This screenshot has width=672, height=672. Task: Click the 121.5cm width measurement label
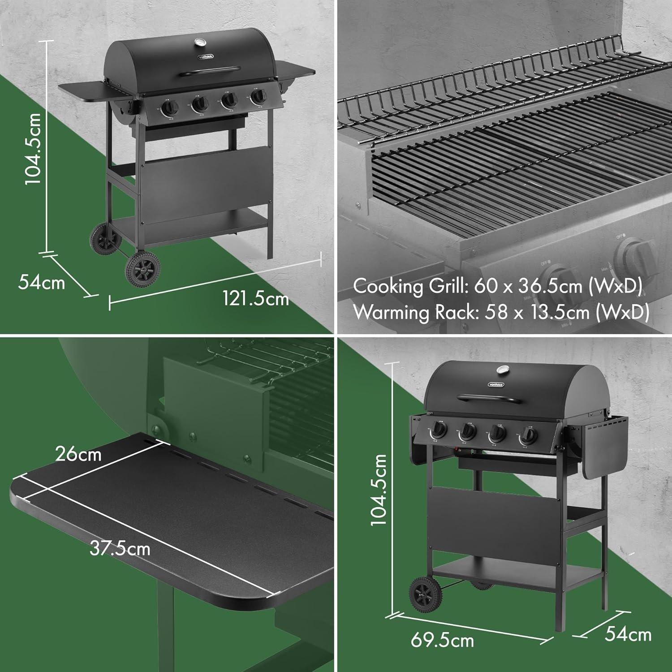pyautogui.click(x=256, y=298)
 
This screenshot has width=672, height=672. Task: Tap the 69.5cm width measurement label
pyautogui.click(x=442, y=640)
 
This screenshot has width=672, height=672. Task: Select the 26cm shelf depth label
pyautogui.click(x=78, y=454)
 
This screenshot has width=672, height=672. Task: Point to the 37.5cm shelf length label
pyautogui.click(x=120, y=548)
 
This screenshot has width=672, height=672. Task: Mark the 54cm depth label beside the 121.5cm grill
pyautogui.click(x=42, y=283)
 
